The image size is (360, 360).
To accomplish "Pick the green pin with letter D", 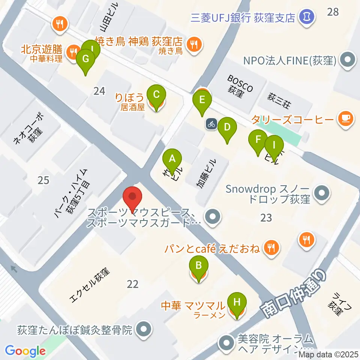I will click(x=227, y=127).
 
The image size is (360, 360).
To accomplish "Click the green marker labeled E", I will click(x=202, y=100).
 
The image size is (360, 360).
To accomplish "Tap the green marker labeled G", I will click(x=85, y=59).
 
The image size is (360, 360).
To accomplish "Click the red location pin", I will click(x=132, y=196).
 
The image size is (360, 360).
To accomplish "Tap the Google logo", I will click(x=25, y=351).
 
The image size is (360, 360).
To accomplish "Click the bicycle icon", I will click(x=211, y=124).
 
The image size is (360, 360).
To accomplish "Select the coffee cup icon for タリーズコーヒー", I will click(x=345, y=119).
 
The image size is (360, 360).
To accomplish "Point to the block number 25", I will click(x=43, y=180).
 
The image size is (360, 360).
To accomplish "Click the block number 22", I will click(x=132, y=284).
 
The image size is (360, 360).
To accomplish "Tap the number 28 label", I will click(x=333, y=12).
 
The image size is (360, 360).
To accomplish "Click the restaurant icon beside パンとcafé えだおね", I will click(x=270, y=247).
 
